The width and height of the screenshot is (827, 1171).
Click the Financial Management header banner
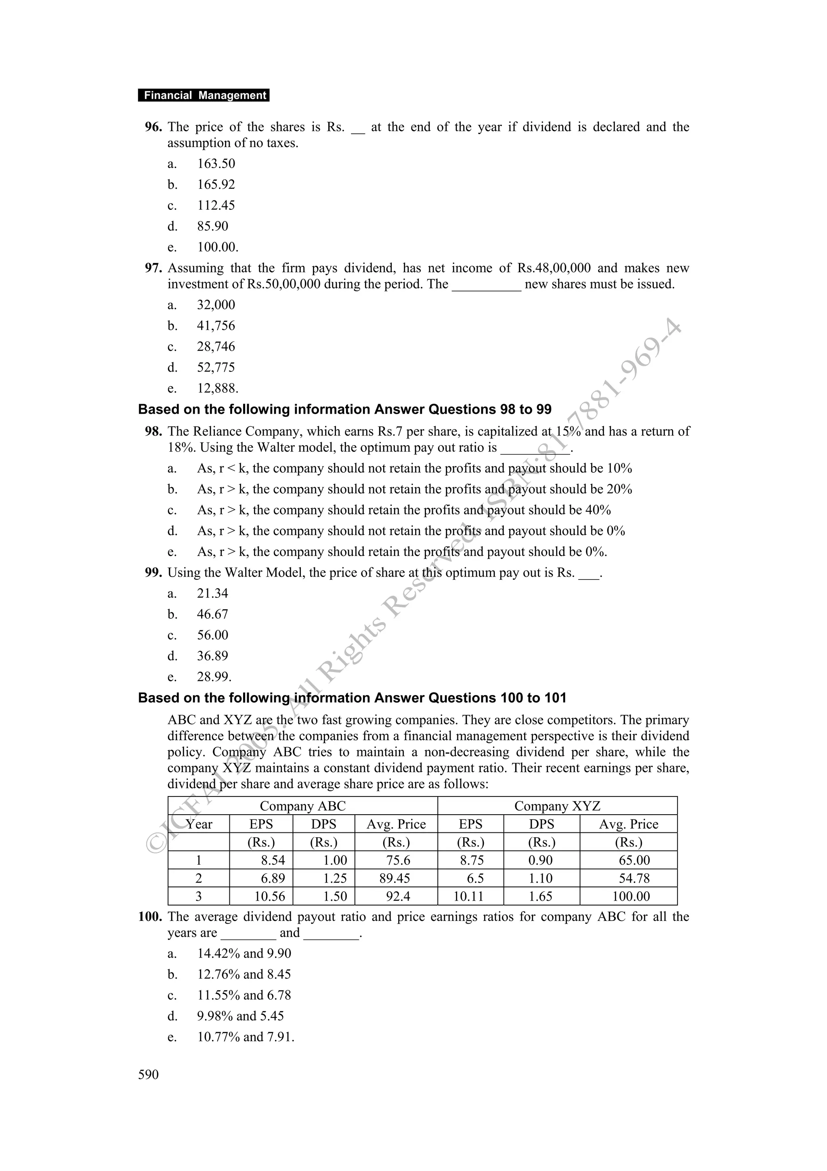point(204,95)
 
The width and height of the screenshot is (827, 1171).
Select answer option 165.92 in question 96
point(216,185)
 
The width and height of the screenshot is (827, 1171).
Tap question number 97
point(153,268)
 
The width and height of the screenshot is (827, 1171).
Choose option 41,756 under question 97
point(216,326)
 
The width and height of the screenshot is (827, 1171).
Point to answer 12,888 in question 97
point(217,389)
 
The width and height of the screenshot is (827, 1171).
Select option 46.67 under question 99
point(212,615)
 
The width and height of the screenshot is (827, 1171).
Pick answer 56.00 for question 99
point(212,636)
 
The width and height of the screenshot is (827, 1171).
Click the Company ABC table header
point(303,807)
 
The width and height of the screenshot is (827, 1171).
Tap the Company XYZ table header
point(557,807)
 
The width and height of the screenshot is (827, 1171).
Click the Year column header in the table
point(199,824)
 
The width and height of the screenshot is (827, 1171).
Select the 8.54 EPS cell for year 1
point(273,860)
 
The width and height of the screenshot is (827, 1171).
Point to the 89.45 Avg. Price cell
point(395,878)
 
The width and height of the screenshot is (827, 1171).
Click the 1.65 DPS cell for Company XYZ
point(541,896)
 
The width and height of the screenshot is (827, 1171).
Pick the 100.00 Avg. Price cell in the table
point(631,896)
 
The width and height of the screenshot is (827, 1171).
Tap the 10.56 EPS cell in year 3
point(270,896)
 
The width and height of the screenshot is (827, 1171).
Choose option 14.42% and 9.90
point(244,954)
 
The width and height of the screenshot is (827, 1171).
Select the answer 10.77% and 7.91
point(246,1037)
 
